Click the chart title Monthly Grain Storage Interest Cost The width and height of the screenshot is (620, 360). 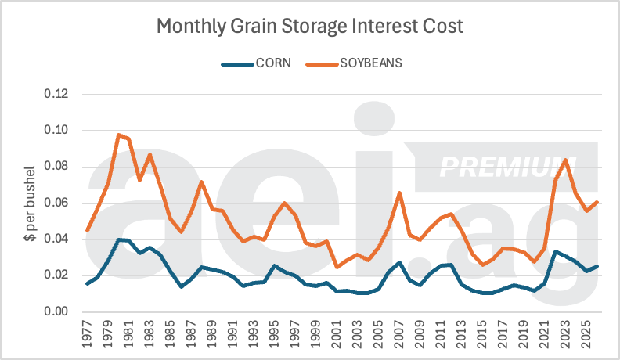(310, 26)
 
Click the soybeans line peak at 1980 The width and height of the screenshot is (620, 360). (119, 135)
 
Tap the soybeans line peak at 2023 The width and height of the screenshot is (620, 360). (565, 160)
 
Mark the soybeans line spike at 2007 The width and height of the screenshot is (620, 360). (399, 193)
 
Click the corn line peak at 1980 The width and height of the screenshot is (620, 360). (119, 239)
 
